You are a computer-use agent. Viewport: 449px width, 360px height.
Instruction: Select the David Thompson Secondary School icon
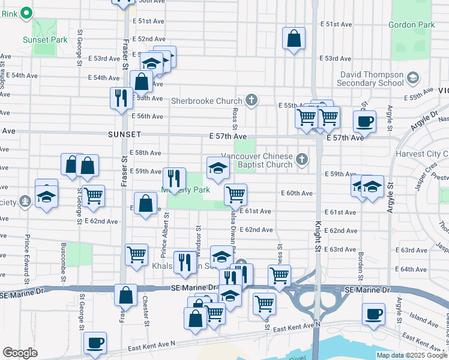coord(412,77)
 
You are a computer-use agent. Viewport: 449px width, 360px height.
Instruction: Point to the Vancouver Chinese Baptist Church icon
coord(302,160)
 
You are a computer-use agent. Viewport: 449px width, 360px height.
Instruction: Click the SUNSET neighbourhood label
coord(124,134)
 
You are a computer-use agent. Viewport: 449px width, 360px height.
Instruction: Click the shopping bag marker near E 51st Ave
coord(294,39)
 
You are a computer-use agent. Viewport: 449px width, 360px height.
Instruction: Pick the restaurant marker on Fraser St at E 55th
coord(121,98)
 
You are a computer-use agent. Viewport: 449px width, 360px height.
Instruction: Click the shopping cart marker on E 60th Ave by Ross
coord(235,194)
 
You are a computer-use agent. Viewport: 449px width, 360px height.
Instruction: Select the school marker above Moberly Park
coord(217,168)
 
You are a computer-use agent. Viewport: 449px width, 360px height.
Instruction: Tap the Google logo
coord(20,353)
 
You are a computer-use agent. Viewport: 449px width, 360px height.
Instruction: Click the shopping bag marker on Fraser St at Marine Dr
coord(126,296)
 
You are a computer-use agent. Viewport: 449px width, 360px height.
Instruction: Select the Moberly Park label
coord(185,190)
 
